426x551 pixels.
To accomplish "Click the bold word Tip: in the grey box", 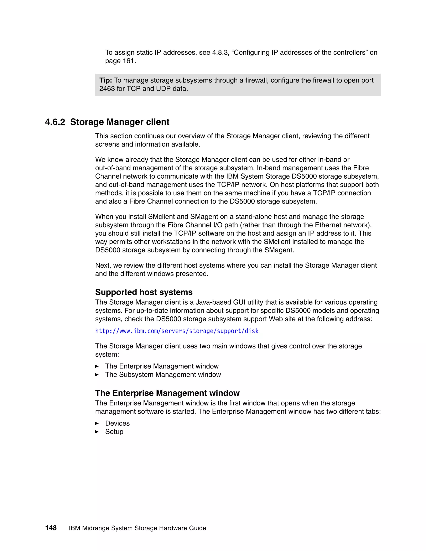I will click(x=105, y=80).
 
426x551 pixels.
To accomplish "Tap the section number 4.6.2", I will click(x=55, y=122).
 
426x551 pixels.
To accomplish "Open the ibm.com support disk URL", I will click(x=177, y=331).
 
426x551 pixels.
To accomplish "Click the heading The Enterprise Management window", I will click(x=167, y=393).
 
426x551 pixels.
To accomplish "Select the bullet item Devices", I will click(x=117, y=423).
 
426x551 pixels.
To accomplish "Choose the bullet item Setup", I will click(x=114, y=431).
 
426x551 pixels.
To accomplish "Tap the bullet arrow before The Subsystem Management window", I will click(x=97, y=375).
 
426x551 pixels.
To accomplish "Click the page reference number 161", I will click(x=129, y=61).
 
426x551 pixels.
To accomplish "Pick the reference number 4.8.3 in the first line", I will click(x=220, y=52).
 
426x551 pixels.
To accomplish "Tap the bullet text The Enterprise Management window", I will click(x=162, y=366).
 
